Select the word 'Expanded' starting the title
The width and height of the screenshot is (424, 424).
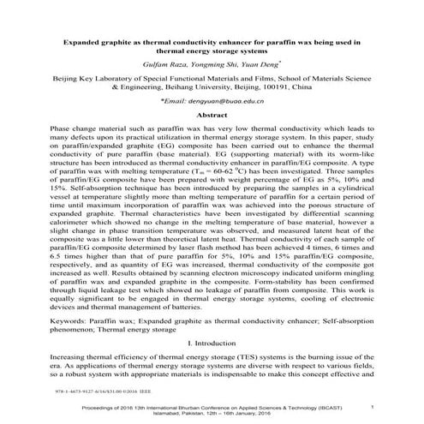tap(87, 39)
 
